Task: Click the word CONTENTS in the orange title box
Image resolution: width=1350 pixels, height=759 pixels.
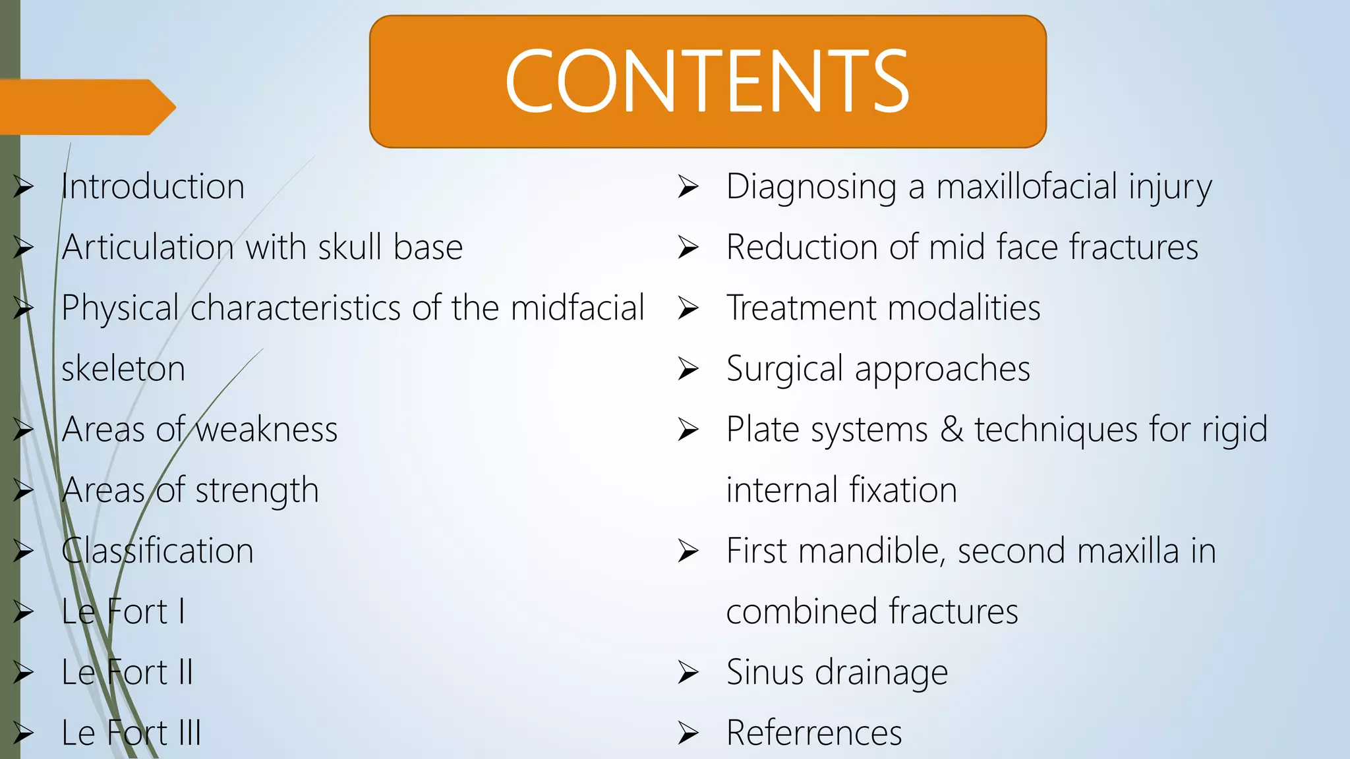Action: (707, 82)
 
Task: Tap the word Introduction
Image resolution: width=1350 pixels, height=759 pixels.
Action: (153, 187)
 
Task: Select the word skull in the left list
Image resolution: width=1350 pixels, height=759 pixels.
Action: (349, 248)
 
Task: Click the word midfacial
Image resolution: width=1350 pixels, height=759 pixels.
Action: (577, 308)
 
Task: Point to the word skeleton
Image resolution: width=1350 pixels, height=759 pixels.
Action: (123, 369)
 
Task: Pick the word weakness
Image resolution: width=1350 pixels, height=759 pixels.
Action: (266, 430)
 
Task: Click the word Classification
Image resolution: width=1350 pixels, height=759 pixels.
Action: (158, 551)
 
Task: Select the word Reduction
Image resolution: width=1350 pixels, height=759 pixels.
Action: (802, 248)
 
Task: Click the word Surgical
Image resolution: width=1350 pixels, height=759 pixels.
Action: (784, 369)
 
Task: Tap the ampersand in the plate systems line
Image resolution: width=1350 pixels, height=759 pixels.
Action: (951, 430)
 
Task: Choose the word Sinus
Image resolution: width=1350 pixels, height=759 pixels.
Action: (765, 673)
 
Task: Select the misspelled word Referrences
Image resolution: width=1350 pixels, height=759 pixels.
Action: (814, 733)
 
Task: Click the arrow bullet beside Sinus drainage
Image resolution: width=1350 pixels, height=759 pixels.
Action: (688, 673)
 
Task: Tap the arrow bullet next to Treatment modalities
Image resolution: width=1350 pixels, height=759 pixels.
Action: (688, 308)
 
